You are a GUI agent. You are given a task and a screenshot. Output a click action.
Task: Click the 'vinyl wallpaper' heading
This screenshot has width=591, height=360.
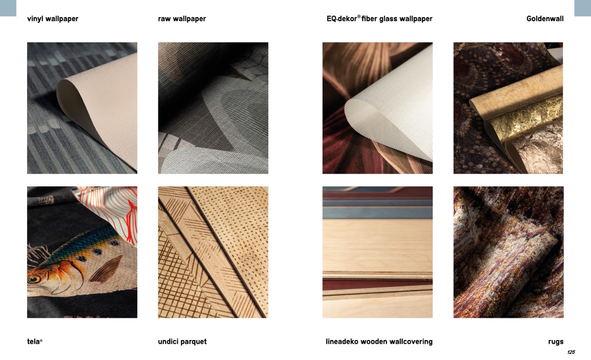pyautogui.click(x=53, y=19)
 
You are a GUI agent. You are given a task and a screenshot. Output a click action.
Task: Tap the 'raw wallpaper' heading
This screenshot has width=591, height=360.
pyautogui.click(x=182, y=19)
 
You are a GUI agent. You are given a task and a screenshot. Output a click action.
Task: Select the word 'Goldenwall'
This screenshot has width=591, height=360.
pyautogui.click(x=545, y=19)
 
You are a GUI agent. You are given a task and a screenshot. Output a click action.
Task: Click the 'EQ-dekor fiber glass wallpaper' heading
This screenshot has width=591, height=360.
pyautogui.click(x=379, y=18)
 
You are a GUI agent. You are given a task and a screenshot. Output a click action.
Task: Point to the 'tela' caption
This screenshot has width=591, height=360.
pyautogui.click(x=35, y=342)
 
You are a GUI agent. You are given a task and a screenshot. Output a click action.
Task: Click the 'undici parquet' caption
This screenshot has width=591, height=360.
pyautogui.click(x=182, y=342)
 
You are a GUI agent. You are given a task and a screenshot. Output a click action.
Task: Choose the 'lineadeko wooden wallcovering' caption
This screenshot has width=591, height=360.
pyautogui.click(x=379, y=342)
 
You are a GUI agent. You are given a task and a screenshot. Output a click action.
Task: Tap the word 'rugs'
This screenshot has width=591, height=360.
pyautogui.click(x=556, y=342)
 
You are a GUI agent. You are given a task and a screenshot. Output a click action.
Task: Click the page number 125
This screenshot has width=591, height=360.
pyautogui.click(x=571, y=352)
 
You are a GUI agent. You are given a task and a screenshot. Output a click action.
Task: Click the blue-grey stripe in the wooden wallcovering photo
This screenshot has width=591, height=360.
pyautogui.click(x=377, y=213)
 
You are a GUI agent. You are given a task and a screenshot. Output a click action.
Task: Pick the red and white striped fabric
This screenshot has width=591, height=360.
pyautogui.click(x=111, y=209)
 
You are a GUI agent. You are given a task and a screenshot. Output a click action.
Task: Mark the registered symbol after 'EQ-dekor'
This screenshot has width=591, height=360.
pyautogui.click(x=359, y=16)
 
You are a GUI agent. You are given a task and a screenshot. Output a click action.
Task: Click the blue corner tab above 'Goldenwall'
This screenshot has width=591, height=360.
pyautogui.click(x=583, y=8)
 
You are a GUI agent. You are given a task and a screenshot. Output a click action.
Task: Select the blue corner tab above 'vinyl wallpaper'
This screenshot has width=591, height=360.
pyautogui.click(x=8, y=8)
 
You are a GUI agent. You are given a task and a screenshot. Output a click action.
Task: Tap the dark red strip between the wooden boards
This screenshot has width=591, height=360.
pyautogui.click(x=377, y=285)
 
